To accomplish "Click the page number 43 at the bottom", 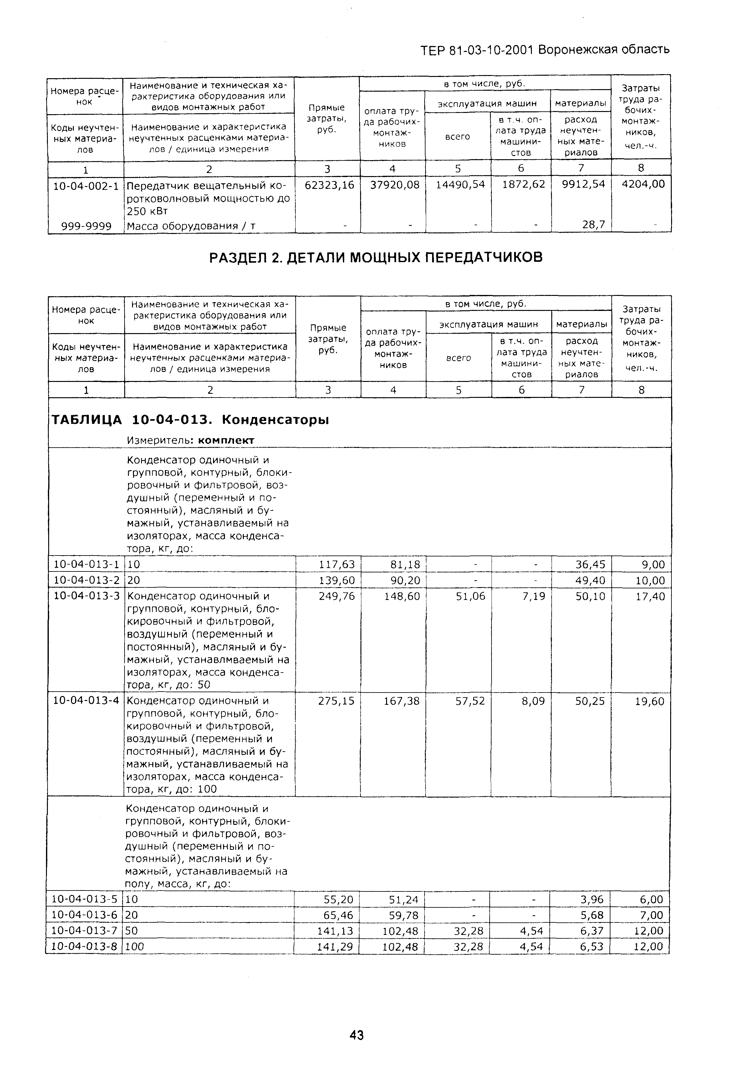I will tap(357, 1035).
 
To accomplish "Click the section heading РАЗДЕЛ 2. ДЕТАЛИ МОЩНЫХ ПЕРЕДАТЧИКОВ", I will tap(376, 257).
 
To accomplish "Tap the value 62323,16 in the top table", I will tap(329, 185).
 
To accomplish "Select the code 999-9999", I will tap(86, 226).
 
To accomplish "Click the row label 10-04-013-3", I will tap(86, 596).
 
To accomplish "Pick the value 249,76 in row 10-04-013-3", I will tap(337, 596).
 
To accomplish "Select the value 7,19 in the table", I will tap(533, 596).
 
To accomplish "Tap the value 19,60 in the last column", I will tap(650, 701).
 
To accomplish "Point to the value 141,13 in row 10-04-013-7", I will tap(335, 931).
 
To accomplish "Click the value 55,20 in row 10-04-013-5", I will tap(338, 899).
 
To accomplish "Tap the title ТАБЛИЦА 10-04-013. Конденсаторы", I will tap(190, 420).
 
